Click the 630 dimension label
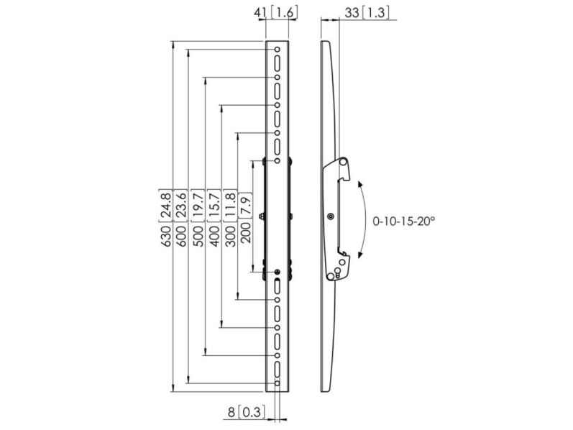[166, 236]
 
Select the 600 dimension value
[182, 236]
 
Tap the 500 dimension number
[198, 236]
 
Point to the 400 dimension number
[214, 236]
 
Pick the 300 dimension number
[230, 236]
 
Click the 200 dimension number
[246, 233]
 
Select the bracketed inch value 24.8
[166, 206]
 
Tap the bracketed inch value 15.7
[214, 206]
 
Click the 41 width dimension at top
[260, 13]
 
